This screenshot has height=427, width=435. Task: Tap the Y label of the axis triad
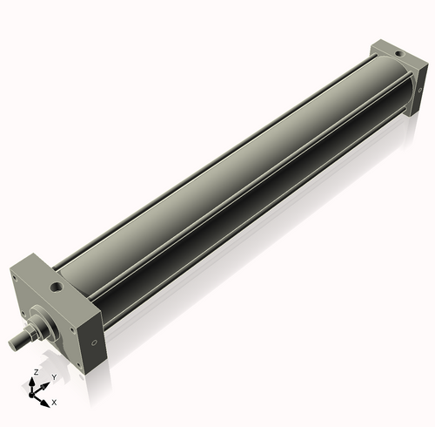54,377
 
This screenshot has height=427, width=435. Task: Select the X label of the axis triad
54,403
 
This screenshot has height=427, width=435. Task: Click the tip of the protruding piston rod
14,345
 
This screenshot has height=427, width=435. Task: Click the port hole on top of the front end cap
58,285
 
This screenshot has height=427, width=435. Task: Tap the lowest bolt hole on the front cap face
79,367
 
